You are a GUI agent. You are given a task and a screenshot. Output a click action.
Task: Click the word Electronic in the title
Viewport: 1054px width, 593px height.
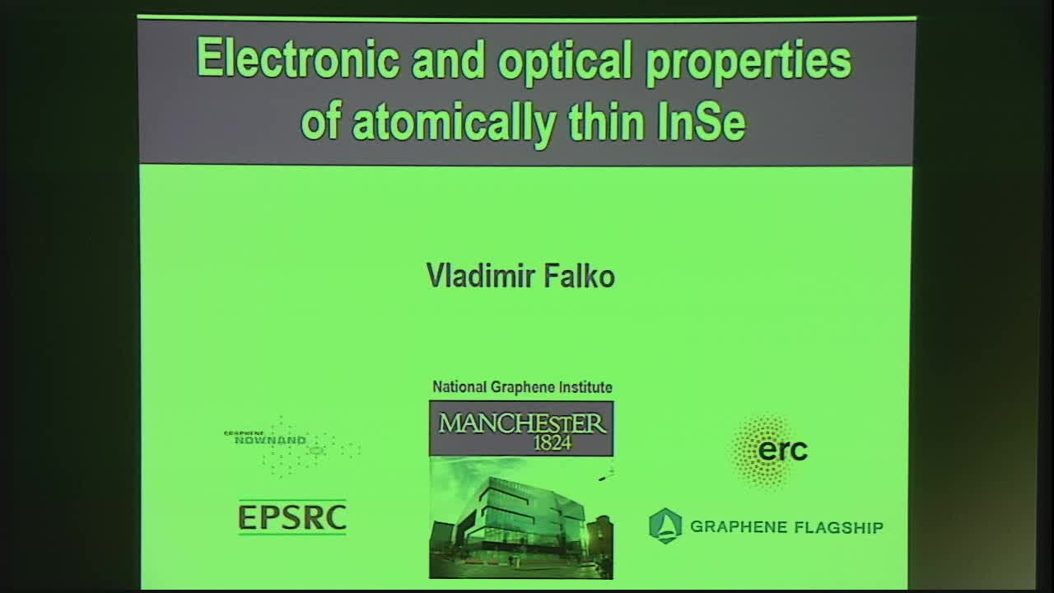[299, 59]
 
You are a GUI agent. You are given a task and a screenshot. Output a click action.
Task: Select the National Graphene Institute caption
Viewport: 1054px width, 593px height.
[522, 387]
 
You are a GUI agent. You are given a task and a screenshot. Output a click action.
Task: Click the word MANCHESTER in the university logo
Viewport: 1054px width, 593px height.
[521, 423]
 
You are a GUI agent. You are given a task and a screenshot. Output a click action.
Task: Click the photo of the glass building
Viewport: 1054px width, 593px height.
[520, 516]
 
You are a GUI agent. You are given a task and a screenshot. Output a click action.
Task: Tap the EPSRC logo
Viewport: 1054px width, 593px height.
[292, 517]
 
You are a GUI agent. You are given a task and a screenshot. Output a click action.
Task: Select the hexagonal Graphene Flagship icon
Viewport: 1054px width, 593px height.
[665, 525]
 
